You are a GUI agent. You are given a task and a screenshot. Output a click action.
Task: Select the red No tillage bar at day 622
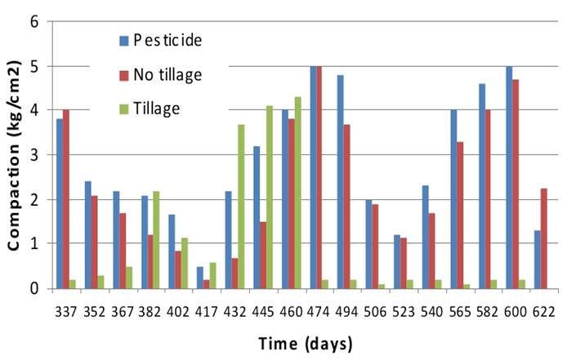[x=545, y=238]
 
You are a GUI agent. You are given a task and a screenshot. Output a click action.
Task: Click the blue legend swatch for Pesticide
[x=123, y=39]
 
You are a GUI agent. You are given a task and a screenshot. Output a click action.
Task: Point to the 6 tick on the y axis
[x=35, y=21]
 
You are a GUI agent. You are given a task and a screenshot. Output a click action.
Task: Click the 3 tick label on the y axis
[x=35, y=154]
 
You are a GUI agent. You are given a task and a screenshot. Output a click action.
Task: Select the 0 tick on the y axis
[x=35, y=288]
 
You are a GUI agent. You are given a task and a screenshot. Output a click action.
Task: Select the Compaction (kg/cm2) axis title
[x=14, y=154]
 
